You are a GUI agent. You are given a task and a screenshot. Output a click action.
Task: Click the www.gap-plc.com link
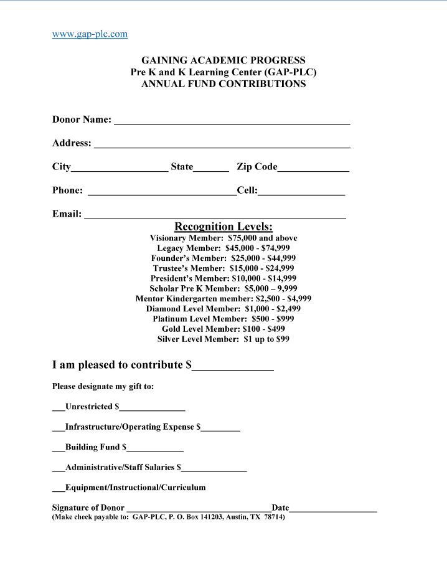(90, 34)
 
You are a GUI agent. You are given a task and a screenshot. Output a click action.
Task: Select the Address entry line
(221, 145)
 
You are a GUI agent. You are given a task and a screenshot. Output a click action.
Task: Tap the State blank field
(211, 169)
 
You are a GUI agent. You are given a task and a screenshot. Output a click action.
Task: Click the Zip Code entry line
(313, 169)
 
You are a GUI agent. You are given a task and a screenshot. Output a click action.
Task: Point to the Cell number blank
(301, 193)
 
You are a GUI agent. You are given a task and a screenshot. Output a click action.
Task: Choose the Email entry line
(215, 216)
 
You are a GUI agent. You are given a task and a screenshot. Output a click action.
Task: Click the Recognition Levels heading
(223, 227)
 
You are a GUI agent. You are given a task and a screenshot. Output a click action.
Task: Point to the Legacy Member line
(223, 248)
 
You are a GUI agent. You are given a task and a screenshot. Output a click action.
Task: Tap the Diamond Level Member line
(223, 308)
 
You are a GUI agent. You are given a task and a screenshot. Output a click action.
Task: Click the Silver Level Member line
(223, 339)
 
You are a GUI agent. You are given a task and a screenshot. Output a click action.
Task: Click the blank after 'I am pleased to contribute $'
(233, 368)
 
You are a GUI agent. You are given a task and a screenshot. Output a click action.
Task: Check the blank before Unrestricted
(58, 409)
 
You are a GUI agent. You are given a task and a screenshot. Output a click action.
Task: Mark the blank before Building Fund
(58, 450)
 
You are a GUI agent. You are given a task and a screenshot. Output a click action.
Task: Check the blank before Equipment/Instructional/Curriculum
(58, 490)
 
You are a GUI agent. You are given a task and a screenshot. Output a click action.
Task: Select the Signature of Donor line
(198, 510)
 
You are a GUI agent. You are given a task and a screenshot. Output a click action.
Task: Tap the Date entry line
(333, 510)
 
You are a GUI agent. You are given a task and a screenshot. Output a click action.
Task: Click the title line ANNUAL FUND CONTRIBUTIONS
(223, 84)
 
